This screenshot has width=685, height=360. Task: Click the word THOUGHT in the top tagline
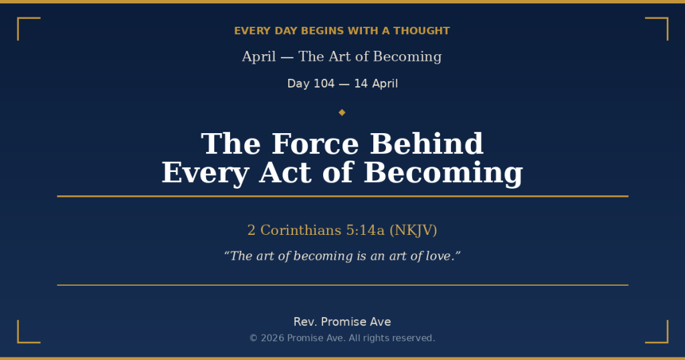click(x=421, y=31)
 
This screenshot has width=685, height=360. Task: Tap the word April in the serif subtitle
click(x=259, y=57)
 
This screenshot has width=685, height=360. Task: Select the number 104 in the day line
click(x=324, y=84)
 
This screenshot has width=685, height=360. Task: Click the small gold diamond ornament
click(x=342, y=112)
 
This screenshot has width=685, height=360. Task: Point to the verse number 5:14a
click(x=365, y=230)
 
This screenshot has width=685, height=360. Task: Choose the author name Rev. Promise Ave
click(x=342, y=322)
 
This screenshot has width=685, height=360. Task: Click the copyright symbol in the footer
click(x=254, y=338)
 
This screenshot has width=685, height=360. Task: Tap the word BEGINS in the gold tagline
click(x=318, y=31)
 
